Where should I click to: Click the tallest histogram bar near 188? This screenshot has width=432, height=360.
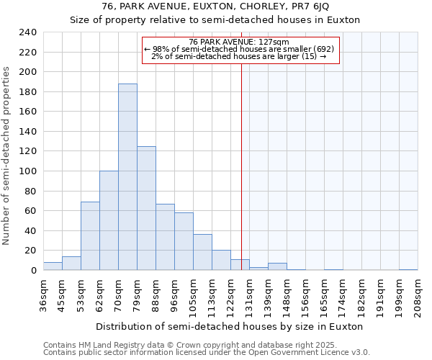click(x=127, y=177)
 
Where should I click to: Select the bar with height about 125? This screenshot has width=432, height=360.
click(x=146, y=208)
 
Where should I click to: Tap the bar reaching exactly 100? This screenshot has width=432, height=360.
click(x=109, y=220)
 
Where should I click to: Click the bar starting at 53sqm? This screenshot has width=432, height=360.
click(x=90, y=236)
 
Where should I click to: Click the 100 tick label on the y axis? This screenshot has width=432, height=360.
click(x=27, y=171)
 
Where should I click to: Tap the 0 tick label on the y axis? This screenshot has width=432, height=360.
click(x=33, y=271)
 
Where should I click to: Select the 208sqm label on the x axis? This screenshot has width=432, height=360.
click(x=418, y=293)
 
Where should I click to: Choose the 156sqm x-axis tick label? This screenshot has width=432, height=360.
click(x=305, y=293)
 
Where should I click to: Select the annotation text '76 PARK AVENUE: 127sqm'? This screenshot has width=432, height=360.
click(x=239, y=42)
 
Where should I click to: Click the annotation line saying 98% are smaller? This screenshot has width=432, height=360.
click(x=239, y=49)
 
